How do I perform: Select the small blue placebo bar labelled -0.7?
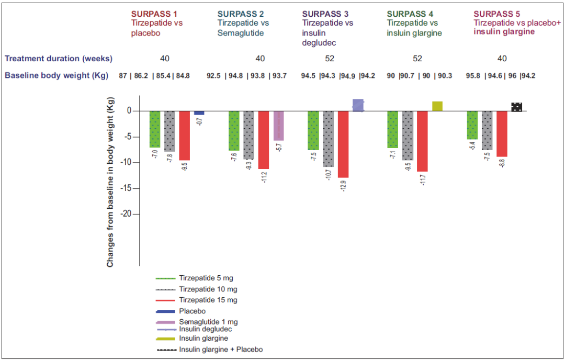(199, 113)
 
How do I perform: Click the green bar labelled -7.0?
(155, 129)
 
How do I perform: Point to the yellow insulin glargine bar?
(437, 106)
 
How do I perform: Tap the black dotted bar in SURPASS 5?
(517, 107)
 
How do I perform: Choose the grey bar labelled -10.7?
(328, 139)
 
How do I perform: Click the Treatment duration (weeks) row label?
(59, 58)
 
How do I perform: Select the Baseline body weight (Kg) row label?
(56, 75)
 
